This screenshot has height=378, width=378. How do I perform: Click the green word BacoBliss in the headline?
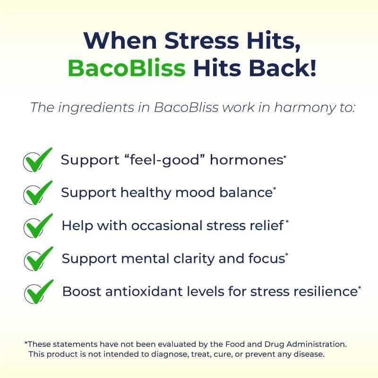[126, 68]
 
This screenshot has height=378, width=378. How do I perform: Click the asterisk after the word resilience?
[360, 287]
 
